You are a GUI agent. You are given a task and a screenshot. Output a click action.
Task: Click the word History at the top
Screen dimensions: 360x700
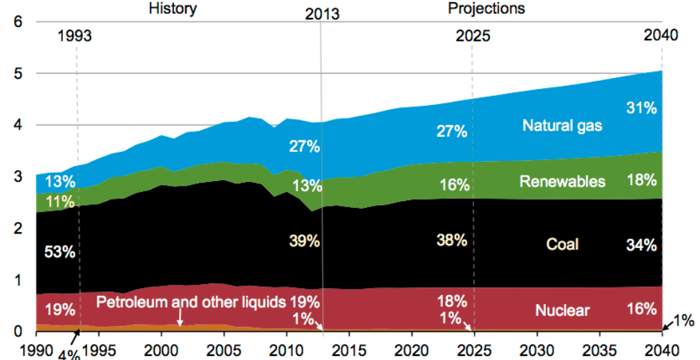(173, 8)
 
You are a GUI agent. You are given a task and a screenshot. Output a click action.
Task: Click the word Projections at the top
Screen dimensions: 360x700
(486, 8)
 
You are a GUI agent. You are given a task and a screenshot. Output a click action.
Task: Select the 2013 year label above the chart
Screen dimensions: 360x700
(322, 14)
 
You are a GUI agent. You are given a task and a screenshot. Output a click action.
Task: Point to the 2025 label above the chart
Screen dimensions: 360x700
(473, 37)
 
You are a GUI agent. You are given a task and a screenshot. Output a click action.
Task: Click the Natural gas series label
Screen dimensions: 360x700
(562, 126)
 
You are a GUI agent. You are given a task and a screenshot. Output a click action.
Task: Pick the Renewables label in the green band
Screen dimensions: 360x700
(562, 182)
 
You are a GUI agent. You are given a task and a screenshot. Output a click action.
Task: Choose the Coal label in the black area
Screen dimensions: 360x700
(562, 245)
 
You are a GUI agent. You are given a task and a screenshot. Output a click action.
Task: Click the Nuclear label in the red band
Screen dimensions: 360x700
(562, 310)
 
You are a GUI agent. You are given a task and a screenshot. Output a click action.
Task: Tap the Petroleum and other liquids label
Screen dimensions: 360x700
(191, 302)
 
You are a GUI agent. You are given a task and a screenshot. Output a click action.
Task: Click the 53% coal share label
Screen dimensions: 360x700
(59, 252)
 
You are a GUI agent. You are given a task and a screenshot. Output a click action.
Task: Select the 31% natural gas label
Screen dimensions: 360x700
(641, 108)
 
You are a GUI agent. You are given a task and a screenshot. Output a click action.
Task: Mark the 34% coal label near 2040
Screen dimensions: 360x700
(641, 245)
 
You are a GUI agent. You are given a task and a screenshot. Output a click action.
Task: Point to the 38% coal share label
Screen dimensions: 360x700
(452, 240)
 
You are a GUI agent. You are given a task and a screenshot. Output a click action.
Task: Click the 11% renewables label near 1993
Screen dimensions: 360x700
(59, 202)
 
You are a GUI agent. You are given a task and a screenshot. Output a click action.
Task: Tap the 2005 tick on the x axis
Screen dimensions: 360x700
(224, 348)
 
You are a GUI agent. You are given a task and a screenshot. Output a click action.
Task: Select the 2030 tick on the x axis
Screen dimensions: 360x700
(537, 348)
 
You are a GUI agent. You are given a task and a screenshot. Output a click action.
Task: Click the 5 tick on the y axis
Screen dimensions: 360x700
(19, 73)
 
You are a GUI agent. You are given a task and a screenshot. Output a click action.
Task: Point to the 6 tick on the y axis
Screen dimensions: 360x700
(19, 21)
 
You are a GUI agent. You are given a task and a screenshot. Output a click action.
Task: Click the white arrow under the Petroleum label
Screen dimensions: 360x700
(179, 318)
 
